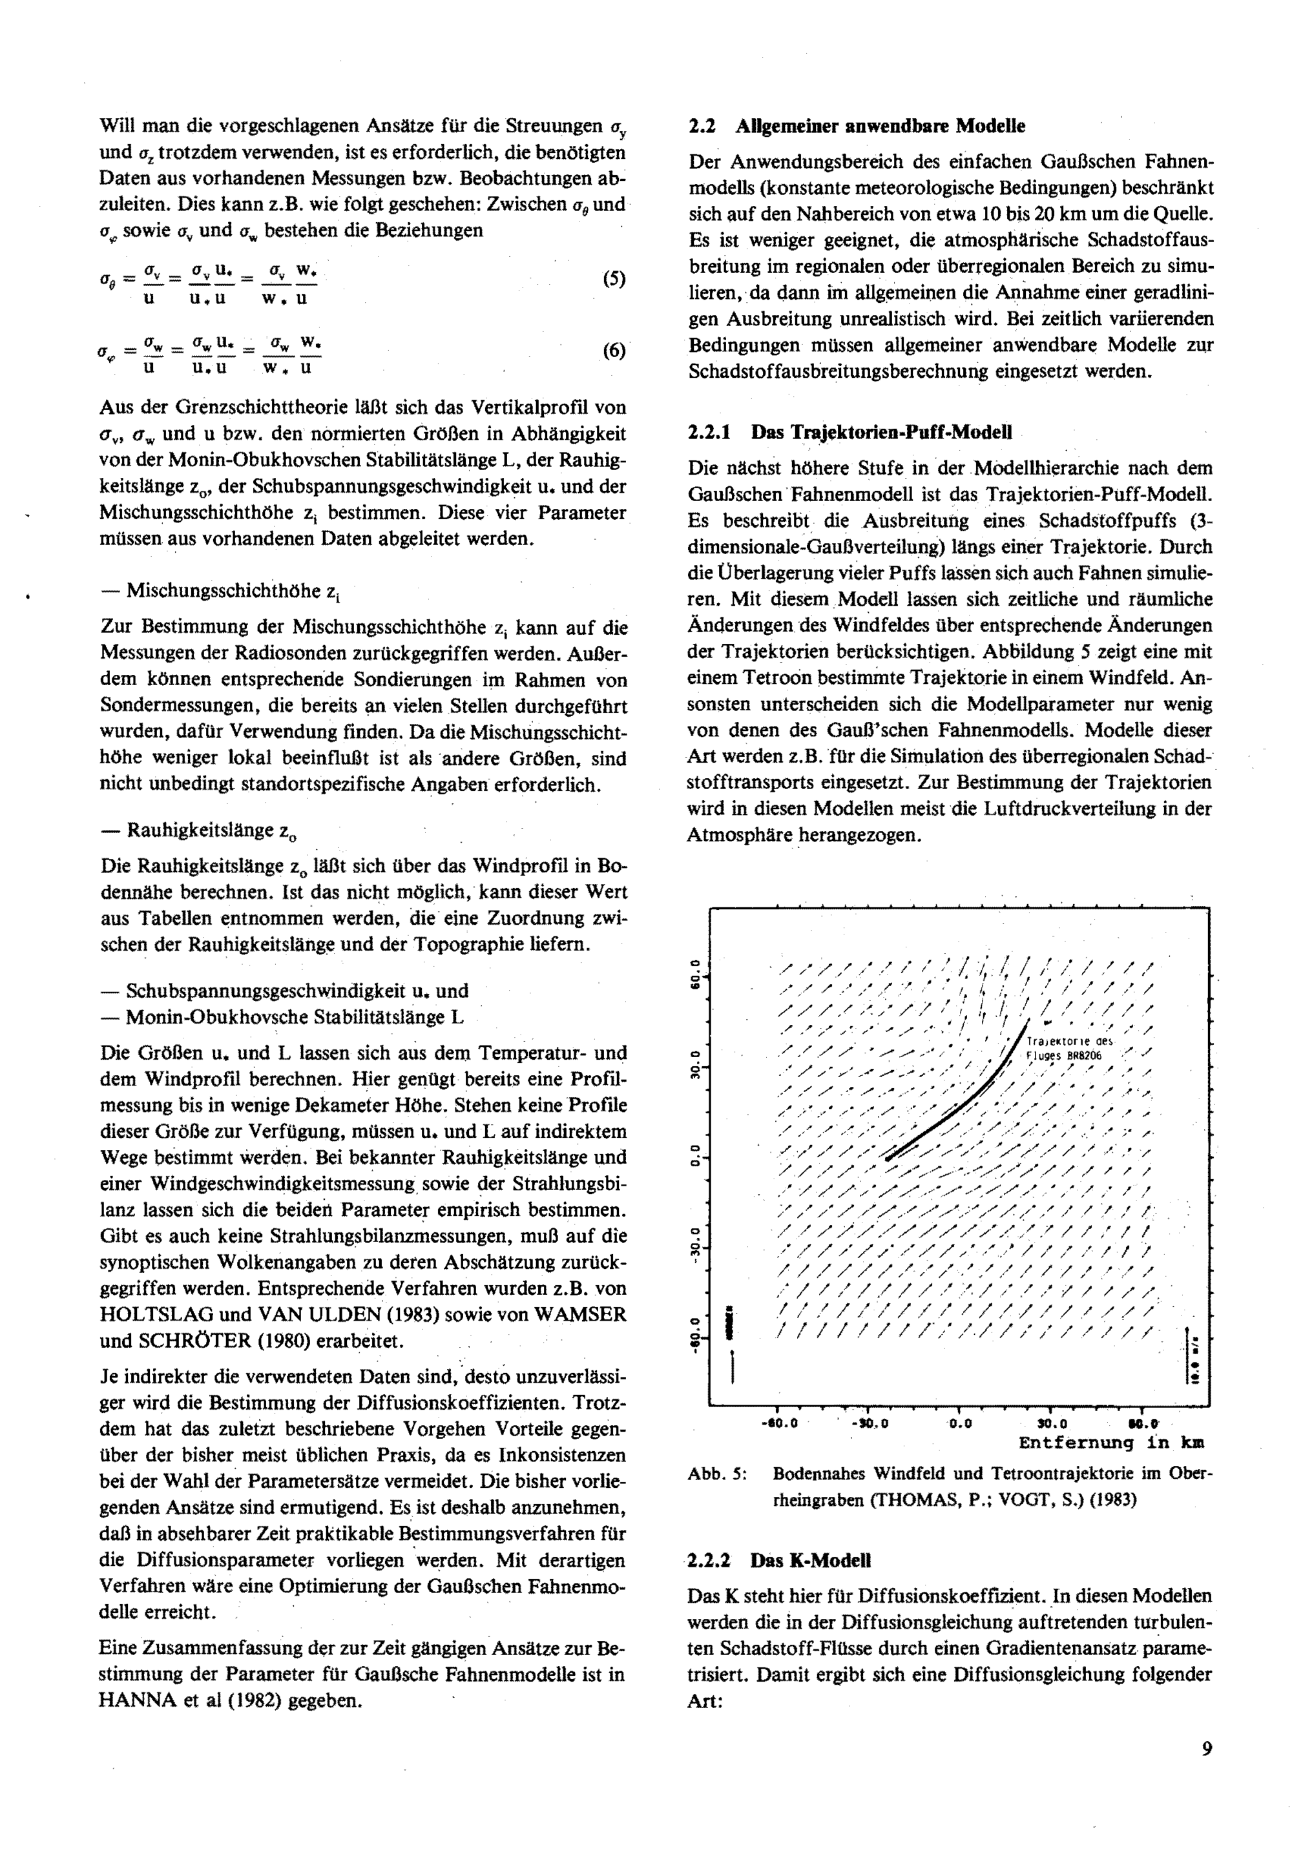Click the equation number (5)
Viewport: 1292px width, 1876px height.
[x=614, y=279]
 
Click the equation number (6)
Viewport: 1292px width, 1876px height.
[x=614, y=351]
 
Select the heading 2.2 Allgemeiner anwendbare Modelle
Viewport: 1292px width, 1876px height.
[x=857, y=127]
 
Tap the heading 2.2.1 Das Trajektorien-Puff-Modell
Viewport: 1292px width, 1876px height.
[x=850, y=432]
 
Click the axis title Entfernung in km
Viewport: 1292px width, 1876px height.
[x=1110, y=1442]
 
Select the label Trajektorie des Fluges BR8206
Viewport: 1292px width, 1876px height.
[x=1068, y=1048]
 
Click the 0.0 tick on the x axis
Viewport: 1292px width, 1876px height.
[x=959, y=1423]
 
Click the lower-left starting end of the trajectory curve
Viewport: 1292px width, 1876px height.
[x=889, y=1158]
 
